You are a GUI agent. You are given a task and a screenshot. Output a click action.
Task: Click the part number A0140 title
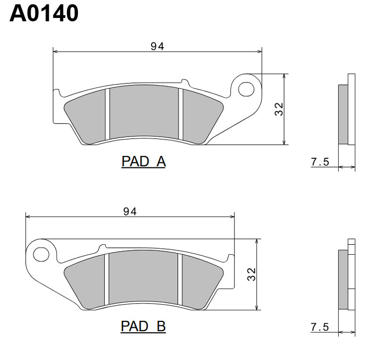(44, 13)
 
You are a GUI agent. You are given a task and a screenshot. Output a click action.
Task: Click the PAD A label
(143, 161)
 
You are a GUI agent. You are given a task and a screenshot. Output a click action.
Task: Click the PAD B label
(143, 326)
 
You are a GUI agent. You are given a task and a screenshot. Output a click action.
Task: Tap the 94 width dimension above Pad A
(157, 46)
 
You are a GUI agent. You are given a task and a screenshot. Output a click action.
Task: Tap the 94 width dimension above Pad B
(130, 211)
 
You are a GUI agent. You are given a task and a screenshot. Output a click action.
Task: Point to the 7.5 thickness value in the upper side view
(320, 162)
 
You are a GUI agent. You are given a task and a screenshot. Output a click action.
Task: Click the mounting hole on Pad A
(244, 89)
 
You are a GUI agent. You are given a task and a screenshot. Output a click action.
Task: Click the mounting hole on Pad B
(39, 255)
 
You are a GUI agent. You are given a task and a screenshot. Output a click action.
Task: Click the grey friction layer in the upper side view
(343, 114)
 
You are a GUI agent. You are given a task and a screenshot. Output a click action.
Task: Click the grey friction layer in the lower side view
(343, 279)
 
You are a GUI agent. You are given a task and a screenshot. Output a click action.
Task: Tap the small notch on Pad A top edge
(184, 81)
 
